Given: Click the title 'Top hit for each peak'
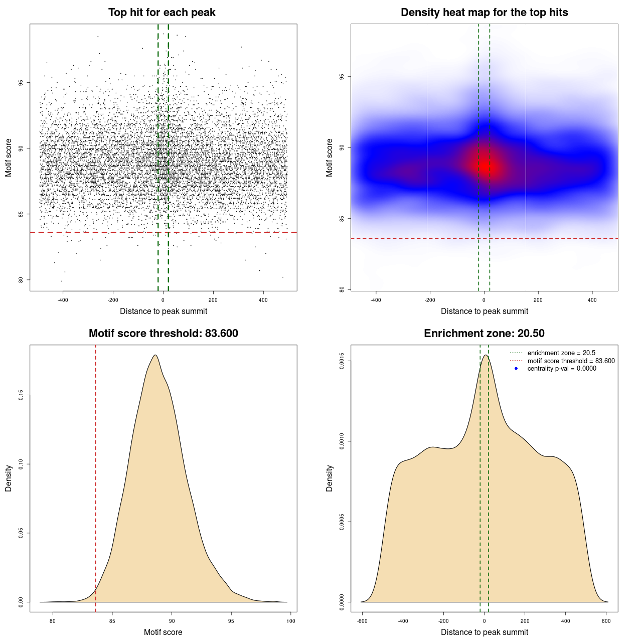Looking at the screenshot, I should point(162,13).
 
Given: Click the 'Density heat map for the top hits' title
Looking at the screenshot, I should point(484,13).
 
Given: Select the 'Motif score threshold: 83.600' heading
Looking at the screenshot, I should point(163,334).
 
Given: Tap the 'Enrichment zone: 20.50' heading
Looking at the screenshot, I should point(484,334).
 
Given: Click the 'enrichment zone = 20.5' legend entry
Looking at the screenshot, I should point(561,353).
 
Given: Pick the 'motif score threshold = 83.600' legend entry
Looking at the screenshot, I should point(571,361).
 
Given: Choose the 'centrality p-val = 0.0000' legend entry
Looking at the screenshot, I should point(562,368).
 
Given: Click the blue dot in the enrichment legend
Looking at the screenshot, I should point(516,368).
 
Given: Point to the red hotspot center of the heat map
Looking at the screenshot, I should point(487,166).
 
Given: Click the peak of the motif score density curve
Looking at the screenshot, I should point(155,355).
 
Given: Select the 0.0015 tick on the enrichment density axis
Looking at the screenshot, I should point(342,361).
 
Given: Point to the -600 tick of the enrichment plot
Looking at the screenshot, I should point(362,621).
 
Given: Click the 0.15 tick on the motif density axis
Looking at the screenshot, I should point(21,395).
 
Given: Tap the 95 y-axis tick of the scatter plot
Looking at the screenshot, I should point(21,83).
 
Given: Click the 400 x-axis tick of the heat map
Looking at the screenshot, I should point(592,300).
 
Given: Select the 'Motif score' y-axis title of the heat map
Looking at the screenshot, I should point(330,157).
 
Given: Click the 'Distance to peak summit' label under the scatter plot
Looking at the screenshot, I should point(164,311).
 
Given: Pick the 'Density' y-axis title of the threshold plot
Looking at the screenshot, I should point(9,478).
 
